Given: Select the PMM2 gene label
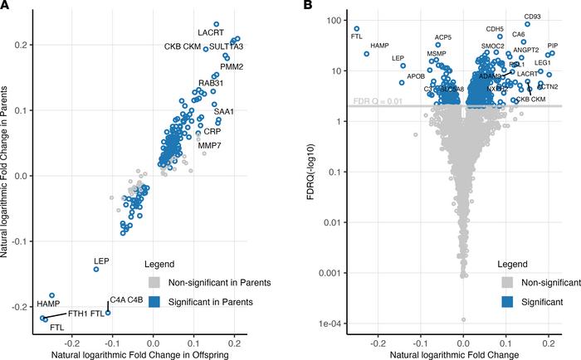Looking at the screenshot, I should point(231,67).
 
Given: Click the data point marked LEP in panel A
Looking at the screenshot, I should point(96,270).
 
